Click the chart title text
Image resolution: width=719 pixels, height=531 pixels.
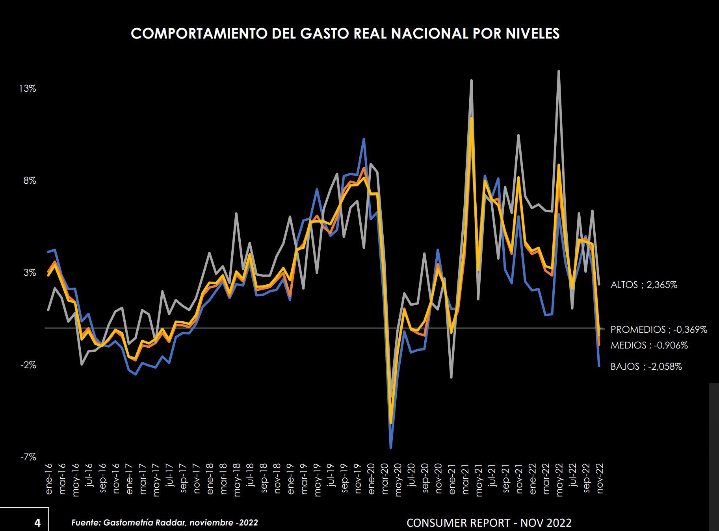tap(345, 34)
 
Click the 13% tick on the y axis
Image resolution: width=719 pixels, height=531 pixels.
tap(28, 89)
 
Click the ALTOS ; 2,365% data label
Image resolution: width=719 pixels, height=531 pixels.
tap(644, 285)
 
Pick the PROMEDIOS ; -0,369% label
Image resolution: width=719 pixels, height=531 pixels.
tap(659, 330)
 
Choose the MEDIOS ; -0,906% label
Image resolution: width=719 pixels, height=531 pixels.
tap(649, 345)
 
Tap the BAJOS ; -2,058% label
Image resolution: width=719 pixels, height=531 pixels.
tap(646, 367)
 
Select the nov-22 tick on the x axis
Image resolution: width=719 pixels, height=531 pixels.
tap(600, 478)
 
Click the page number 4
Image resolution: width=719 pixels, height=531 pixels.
tap(37, 523)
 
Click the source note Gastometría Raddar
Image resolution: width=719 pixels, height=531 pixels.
tap(164, 523)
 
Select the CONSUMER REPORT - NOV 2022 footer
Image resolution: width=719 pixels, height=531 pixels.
tap(489, 523)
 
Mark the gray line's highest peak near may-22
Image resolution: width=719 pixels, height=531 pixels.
tap(559, 71)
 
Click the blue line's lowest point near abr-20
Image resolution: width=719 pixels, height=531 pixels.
tap(391, 448)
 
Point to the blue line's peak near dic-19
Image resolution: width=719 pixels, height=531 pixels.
tap(364, 139)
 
